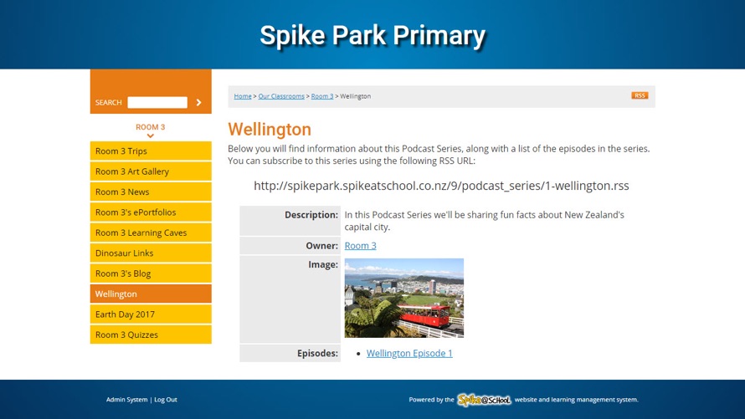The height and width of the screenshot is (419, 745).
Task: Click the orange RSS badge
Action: [x=640, y=95]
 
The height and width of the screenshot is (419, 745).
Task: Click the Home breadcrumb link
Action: [x=242, y=96]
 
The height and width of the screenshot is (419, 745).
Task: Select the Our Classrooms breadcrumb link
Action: [x=281, y=96]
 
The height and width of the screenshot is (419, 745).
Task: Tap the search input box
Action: [x=157, y=103]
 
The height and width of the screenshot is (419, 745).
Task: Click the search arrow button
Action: [x=198, y=103]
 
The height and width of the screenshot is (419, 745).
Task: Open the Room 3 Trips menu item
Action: [x=151, y=151]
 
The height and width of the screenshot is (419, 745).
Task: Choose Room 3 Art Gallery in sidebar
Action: [x=151, y=171]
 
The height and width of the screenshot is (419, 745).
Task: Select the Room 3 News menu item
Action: [x=151, y=192]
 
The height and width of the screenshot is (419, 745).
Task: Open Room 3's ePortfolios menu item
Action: [x=151, y=212]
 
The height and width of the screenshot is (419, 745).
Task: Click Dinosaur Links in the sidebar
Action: [x=151, y=253]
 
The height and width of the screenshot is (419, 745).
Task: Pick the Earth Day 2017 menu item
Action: [x=151, y=314]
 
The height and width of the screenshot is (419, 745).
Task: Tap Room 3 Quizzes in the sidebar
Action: [x=151, y=335]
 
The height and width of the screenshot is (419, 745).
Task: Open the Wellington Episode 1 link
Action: [x=409, y=353]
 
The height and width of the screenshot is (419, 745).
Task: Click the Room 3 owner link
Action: [x=360, y=246]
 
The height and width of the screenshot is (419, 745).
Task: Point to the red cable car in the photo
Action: [x=424, y=315]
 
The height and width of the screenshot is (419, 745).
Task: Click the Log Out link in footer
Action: [x=166, y=400]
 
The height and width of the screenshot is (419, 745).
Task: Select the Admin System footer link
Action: [x=127, y=400]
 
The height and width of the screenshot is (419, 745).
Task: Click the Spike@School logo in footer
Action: [x=484, y=400]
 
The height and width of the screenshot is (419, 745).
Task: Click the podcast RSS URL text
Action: [x=441, y=186]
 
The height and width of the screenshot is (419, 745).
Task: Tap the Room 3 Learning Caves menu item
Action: [x=151, y=232]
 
